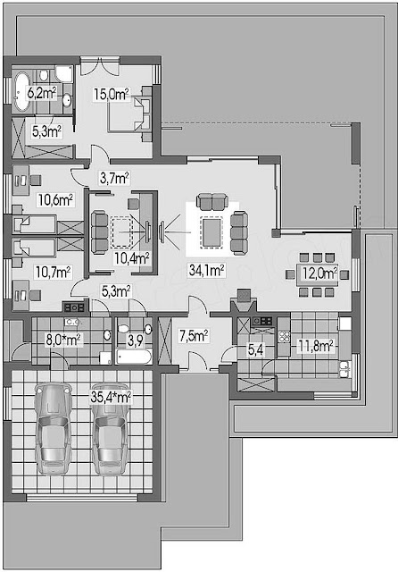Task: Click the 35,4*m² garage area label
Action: coord(111,397)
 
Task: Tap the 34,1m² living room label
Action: coord(206,270)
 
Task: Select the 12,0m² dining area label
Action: coord(319,273)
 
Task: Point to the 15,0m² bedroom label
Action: coord(111,94)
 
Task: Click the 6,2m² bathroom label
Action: coord(42,93)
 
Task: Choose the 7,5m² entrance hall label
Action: coord(194,336)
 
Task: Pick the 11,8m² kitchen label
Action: coord(315,346)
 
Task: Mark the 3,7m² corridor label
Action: coord(114,178)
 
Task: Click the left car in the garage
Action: coord(54,429)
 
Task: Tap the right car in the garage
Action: coord(110,430)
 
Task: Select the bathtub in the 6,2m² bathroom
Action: coord(21,91)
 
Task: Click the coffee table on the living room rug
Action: coord(211,232)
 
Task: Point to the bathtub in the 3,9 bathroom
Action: coord(134,357)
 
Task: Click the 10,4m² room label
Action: coord(131,258)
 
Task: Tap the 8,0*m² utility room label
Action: coord(62,340)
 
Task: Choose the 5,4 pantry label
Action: coord(255,350)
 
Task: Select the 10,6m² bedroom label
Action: coord(55,200)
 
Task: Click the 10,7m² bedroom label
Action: coord(53,272)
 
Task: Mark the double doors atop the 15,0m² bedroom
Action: coord(100,65)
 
